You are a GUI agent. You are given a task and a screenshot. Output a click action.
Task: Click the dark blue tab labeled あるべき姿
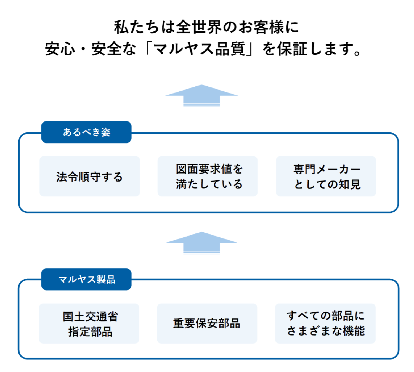coord(86,132)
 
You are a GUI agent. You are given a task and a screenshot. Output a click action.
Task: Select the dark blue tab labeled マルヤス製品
coord(86,279)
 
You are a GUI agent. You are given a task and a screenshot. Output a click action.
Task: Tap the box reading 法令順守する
coord(89,176)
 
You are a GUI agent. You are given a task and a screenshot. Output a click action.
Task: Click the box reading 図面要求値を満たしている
coord(207,176)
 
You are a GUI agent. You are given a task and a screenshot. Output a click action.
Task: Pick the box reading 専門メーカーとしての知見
coord(326,176)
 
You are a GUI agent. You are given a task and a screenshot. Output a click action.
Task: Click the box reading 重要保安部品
coord(207,323)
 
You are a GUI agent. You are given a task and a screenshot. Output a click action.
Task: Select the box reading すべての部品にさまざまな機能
coord(325,323)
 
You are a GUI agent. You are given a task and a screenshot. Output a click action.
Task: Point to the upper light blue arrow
coord(202,95)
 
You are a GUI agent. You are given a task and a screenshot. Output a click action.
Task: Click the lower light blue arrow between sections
coord(202,242)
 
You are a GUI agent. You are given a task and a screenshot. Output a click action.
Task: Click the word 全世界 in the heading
coord(199,27)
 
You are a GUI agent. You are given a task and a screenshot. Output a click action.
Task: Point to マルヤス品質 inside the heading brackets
coord(199,49)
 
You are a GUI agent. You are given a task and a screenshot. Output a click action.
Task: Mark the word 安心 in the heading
coord(60,49)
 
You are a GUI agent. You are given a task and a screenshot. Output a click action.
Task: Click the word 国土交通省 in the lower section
coord(90,316)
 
